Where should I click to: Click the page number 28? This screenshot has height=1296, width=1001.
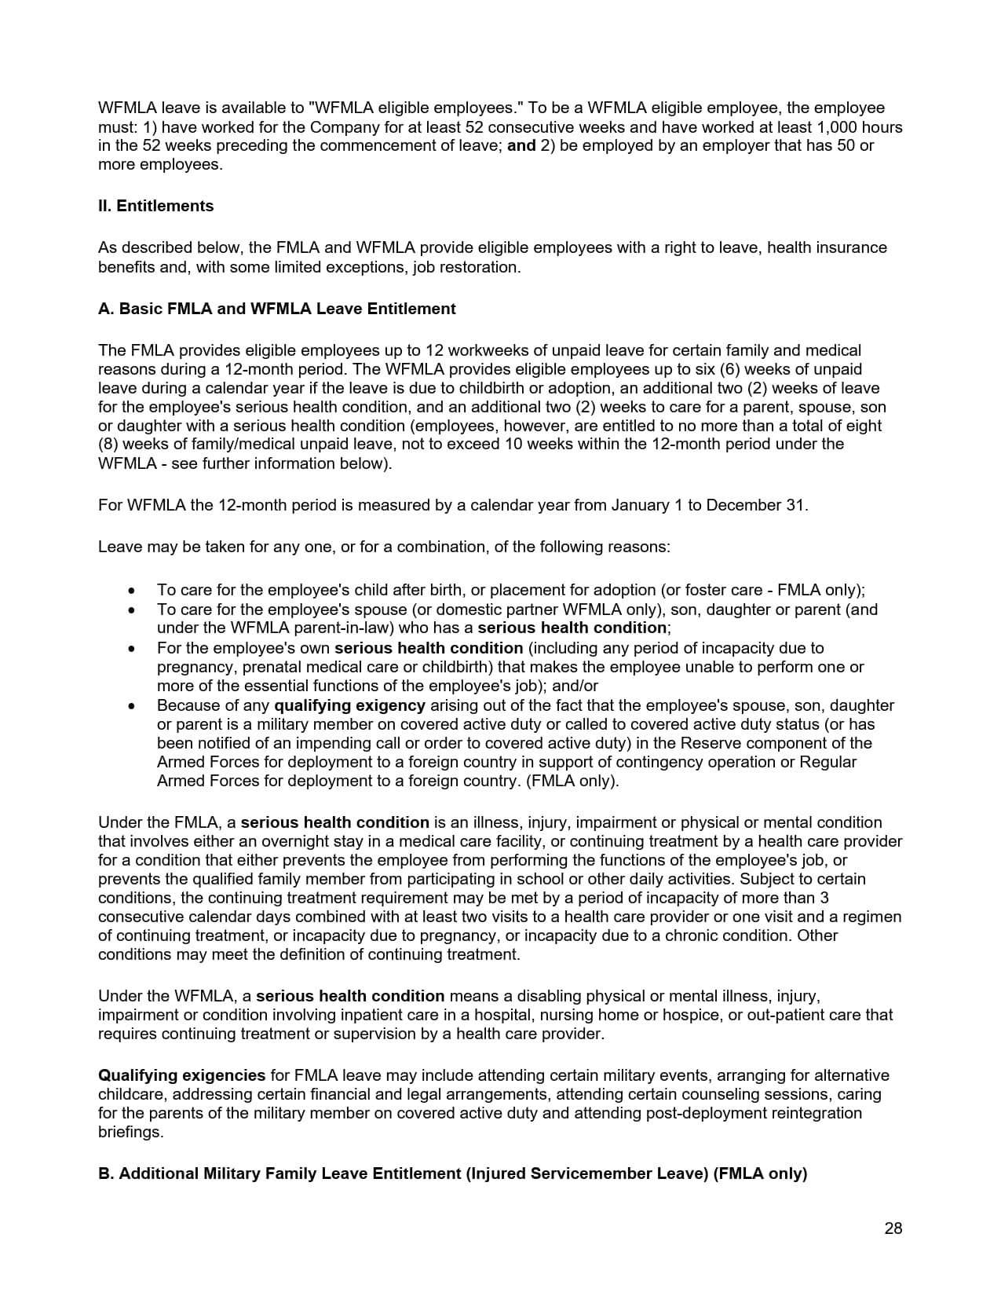(x=893, y=1228)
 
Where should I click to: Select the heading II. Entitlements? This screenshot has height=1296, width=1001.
(x=155, y=206)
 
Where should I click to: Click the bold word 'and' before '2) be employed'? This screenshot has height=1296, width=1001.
(x=521, y=145)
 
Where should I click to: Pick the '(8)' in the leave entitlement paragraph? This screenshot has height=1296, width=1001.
(x=108, y=445)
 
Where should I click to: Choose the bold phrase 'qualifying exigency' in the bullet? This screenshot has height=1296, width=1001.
(x=349, y=705)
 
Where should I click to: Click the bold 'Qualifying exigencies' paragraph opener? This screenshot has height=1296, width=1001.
(x=181, y=1075)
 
